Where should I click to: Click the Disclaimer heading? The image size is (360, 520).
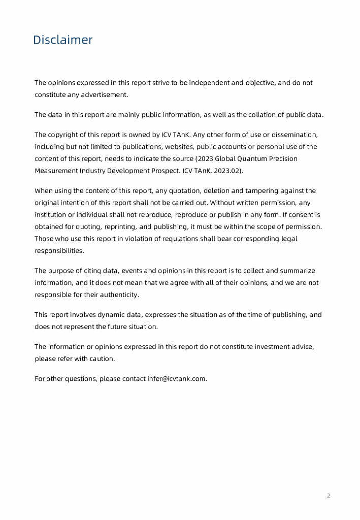click(63, 40)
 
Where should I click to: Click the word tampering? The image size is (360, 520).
click(266, 190)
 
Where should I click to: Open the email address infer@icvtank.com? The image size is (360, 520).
click(177, 378)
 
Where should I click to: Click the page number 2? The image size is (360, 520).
click(329, 496)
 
